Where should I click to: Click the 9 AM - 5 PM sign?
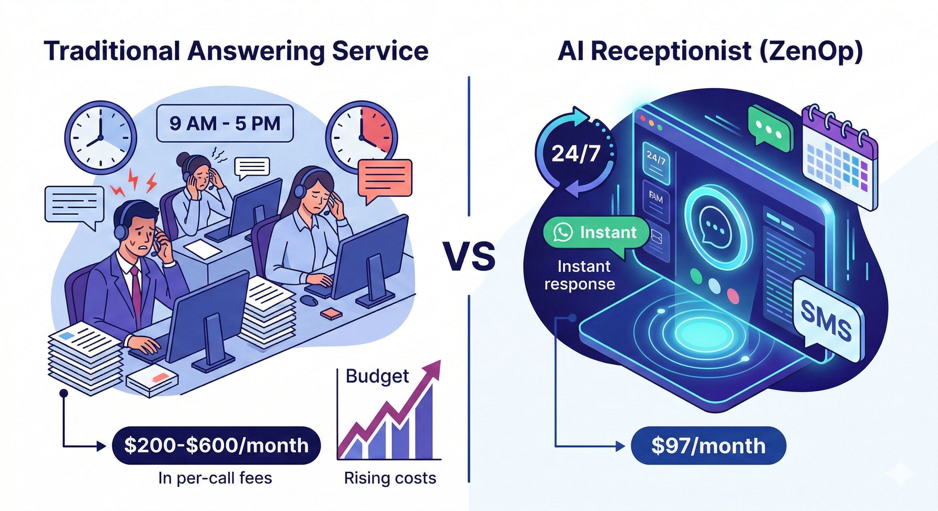pyautogui.click(x=225, y=123)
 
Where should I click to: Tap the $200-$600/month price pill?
pyautogui.click(x=216, y=445)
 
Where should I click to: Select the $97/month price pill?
pyautogui.click(x=708, y=445)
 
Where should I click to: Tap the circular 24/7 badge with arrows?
pyautogui.click(x=575, y=153)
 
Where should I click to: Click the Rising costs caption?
pyautogui.click(x=390, y=478)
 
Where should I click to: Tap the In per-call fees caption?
pyautogui.click(x=215, y=478)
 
